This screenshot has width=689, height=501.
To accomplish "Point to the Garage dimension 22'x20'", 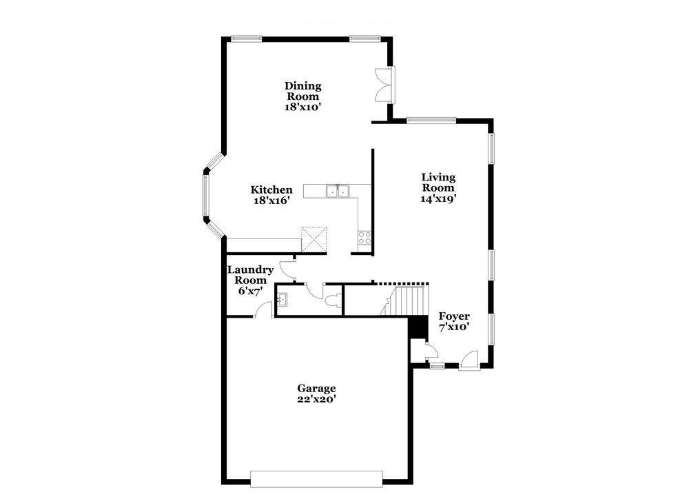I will click(x=316, y=398).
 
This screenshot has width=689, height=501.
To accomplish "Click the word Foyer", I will click(x=454, y=316).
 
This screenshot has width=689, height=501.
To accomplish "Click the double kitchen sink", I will click(x=338, y=190).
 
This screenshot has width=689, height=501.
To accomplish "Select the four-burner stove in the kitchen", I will click(x=364, y=238).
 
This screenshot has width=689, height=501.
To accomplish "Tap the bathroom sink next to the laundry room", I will click(x=283, y=300).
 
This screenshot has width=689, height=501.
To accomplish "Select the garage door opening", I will click(x=316, y=478).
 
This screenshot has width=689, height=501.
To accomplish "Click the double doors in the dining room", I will click(x=383, y=85).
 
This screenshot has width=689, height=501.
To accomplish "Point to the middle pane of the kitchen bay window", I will click(x=205, y=194).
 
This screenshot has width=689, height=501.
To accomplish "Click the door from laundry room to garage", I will click(x=263, y=311).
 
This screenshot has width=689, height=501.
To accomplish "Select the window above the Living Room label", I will click(x=431, y=121).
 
